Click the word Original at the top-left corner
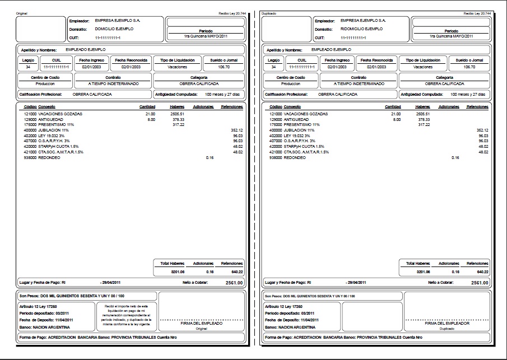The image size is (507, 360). (x=22, y=12)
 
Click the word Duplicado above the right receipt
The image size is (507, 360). (x=268, y=12)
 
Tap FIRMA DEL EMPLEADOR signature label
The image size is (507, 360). (x=446, y=323)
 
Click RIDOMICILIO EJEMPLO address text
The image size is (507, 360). (x=362, y=29)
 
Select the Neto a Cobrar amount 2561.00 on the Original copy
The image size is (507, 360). (x=234, y=283)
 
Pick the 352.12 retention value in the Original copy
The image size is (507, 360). (x=238, y=130)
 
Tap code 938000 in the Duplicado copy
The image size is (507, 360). (x=276, y=157)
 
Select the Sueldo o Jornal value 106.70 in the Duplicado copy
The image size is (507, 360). (x=469, y=67)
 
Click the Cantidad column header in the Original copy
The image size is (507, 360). (x=147, y=106)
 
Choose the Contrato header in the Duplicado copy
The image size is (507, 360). (x=358, y=77)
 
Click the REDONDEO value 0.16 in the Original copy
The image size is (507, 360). (x=210, y=157)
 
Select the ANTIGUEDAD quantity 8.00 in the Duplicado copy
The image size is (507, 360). (x=397, y=119)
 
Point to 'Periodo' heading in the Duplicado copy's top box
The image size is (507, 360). (x=451, y=31)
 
